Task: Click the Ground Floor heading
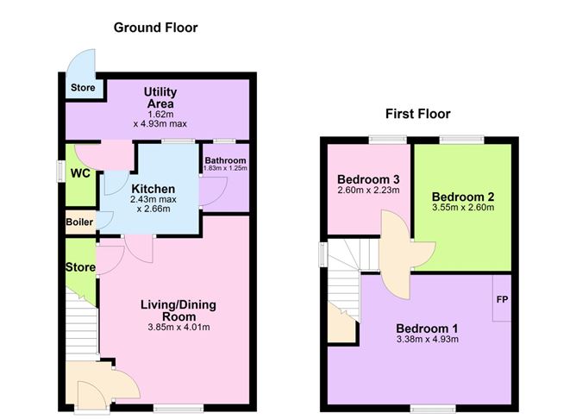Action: pos(155,28)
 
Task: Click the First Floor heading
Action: pos(417,114)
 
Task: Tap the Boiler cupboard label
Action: pos(79,222)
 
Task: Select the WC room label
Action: pos(80,173)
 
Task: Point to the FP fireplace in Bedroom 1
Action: pos(502,300)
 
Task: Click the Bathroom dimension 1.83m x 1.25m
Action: pos(225,168)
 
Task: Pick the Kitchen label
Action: pos(153,189)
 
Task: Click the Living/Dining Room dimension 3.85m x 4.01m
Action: pos(178,328)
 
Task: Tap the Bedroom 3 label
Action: pos(368,179)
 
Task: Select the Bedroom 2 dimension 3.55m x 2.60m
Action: pos(463,208)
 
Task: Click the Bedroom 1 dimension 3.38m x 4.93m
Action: pos(427,340)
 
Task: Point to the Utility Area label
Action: pos(160,97)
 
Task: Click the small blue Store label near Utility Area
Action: pos(83,88)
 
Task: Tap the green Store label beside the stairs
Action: pos(80,267)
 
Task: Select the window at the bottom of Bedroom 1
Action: pos(432,409)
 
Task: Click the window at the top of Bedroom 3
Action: pos(388,139)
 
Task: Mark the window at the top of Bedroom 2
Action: pos(462,139)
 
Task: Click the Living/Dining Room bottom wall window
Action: pos(178,408)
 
